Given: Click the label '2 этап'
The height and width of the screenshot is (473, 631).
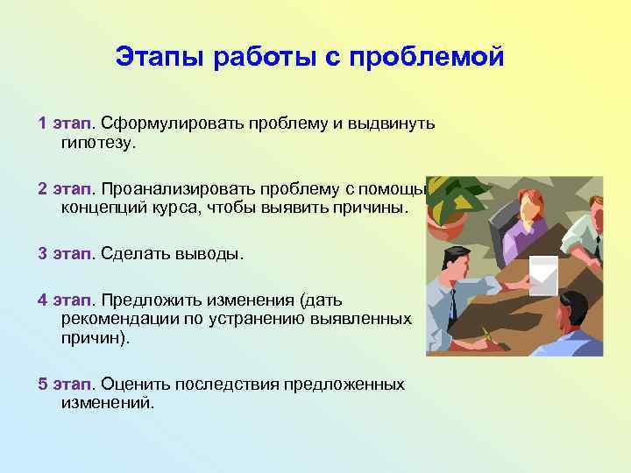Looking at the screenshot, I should pos(64,189).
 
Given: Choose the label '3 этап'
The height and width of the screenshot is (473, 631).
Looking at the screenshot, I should pos(64,254).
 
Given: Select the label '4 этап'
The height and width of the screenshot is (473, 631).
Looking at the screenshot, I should pos(64,300).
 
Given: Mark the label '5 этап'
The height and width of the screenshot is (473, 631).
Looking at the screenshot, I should pos(64,385).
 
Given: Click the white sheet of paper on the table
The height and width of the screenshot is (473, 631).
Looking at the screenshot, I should pos(544,277).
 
